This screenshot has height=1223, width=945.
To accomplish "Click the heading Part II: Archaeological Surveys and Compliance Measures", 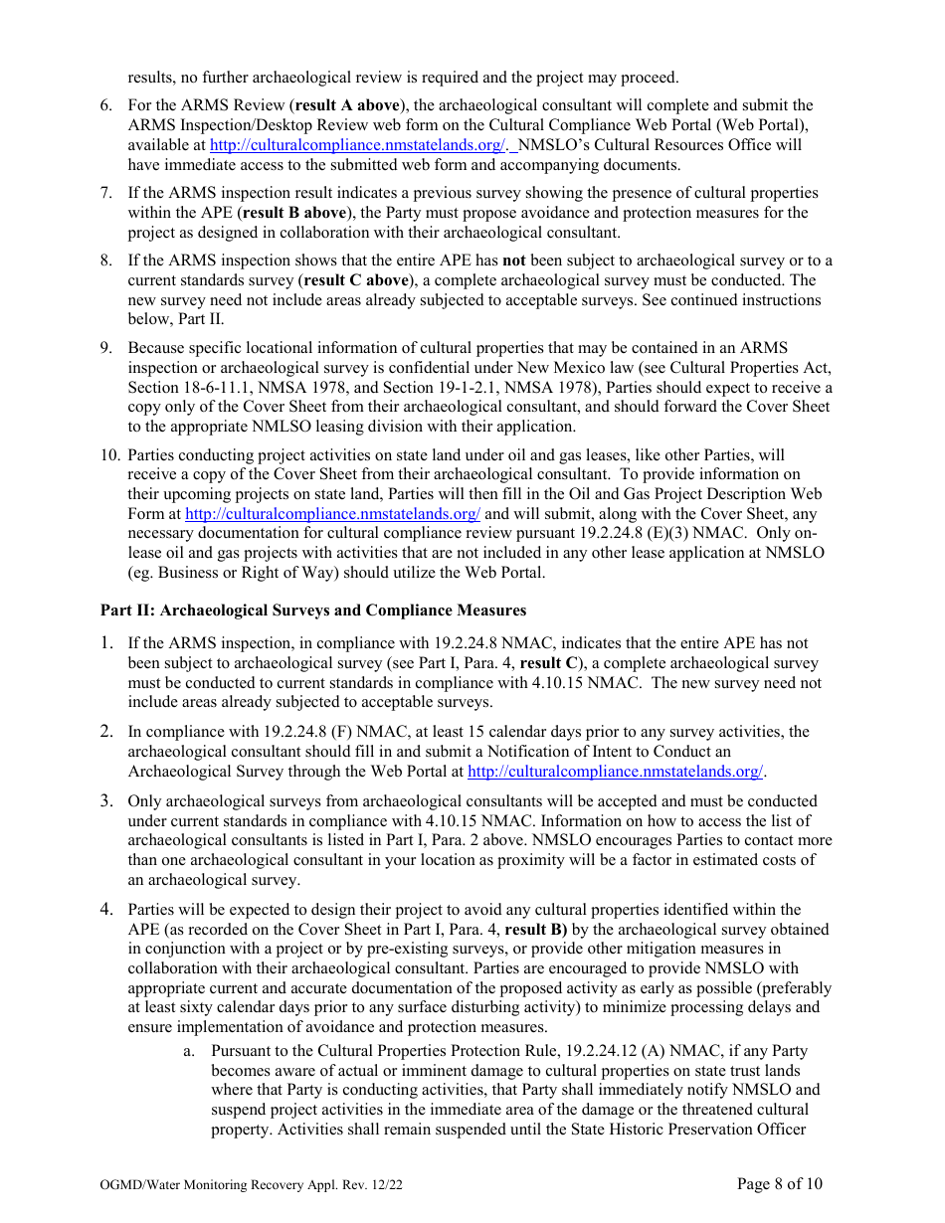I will click(x=313, y=611).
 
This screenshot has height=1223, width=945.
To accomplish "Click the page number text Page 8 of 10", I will click(x=779, y=1183).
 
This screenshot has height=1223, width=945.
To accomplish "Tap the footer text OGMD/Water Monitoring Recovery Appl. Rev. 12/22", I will click(x=252, y=1185).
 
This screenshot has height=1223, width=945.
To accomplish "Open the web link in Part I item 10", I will click(x=332, y=514).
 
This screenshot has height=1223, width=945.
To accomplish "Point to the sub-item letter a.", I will click(x=188, y=1050).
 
